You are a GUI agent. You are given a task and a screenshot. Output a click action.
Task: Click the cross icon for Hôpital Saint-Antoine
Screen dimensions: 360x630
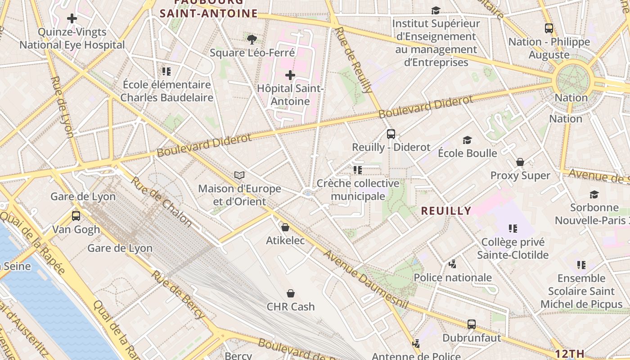[290, 75]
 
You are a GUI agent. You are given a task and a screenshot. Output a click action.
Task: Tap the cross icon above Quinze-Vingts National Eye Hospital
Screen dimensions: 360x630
[72, 18]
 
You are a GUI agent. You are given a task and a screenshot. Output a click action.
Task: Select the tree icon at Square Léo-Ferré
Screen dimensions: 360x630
[252, 40]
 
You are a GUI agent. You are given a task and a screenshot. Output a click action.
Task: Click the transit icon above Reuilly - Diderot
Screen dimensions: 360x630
[391, 134]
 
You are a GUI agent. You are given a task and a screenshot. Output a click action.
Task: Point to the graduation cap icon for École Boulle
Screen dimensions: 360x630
[467, 140]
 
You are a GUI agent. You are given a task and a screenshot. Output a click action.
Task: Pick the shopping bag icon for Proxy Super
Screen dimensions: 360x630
[520, 162]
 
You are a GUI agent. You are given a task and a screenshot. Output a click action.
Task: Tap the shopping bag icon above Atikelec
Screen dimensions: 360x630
[285, 227]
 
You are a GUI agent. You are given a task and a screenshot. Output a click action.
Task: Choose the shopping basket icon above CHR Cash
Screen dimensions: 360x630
[291, 293]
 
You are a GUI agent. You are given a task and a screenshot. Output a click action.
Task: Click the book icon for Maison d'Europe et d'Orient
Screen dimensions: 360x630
[239, 175]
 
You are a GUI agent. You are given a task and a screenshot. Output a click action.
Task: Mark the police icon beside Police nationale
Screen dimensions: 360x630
[452, 264]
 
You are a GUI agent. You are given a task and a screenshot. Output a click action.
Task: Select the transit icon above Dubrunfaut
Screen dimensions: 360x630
[471, 324]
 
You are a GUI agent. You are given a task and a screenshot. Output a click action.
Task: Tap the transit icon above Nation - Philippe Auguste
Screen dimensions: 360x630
[549, 28]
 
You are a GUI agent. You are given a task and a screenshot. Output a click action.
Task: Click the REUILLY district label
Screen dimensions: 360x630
[446, 211]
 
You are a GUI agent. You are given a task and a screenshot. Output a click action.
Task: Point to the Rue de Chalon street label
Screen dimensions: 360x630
[161, 201]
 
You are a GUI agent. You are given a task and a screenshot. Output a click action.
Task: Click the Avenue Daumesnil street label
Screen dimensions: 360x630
[365, 279]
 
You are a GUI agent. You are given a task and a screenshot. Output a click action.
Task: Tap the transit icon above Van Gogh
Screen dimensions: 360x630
[76, 216]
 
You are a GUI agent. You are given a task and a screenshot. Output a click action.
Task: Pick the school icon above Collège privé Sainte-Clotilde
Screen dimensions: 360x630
[513, 229]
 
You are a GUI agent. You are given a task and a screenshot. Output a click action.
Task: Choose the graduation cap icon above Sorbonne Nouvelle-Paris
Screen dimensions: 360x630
[594, 194]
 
